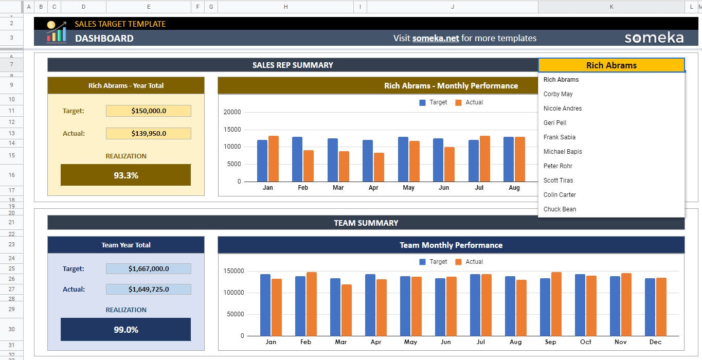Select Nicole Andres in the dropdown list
pyautogui.click(x=563, y=109)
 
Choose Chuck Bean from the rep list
pyautogui.click(x=560, y=209)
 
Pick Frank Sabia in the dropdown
pyautogui.click(x=559, y=137)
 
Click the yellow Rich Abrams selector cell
pyautogui.click(x=611, y=65)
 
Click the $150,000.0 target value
pyautogui.click(x=148, y=111)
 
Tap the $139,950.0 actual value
pyautogui.click(x=148, y=133)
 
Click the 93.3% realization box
pyautogui.click(x=125, y=175)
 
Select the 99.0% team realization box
pyautogui.click(x=125, y=329)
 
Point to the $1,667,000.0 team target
pyautogui.click(x=148, y=268)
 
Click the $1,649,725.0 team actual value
pyautogui.click(x=148, y=289)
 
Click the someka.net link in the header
pyautogui.click(x=435, y=38)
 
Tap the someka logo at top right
pyautogui.click(x=654, y=38)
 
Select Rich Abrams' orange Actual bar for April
pyautogui.click(x=379, y=167)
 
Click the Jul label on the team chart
pyautogui.click(x=480, y=342)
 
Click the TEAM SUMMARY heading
pyautogui.click(x=366, y=223)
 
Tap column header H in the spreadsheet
pyautogui.click(x=285, y=7)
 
